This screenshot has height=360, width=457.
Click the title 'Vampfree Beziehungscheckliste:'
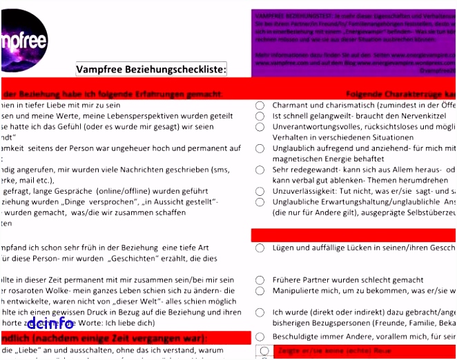pyautogui.click(x=151, y=70)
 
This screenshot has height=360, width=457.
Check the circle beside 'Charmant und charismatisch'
pyautogui.click(x=260, y=106)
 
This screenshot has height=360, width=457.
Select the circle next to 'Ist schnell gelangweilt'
pyautogui.click(x=260, y=117)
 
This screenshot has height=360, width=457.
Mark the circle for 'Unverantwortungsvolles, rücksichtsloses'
pyautogui.click(x=260, y=128)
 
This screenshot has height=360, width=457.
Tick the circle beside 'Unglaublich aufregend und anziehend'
pyautogui.click(x=260, y=148)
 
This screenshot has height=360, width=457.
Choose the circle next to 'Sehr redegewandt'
pyautogui.click(x=260, y=170)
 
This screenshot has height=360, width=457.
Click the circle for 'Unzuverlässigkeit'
pyautogui.click(x=260, y=191)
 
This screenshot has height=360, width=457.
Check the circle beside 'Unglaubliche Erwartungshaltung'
pyautogui.click(x=260, y=202)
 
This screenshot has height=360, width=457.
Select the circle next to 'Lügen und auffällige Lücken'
pyautogui.click(x=260, y=248)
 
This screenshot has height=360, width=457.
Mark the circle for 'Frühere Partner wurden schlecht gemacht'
pyautogui.click(x=260, y=280)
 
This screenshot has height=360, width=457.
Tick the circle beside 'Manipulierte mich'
pyautogui.click(x=260, y=291)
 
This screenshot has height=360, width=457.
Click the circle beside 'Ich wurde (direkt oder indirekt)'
pyautogui.click(x=260, y=312)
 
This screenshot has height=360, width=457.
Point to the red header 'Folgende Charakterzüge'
pyautogui.click(x=400, y=94)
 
